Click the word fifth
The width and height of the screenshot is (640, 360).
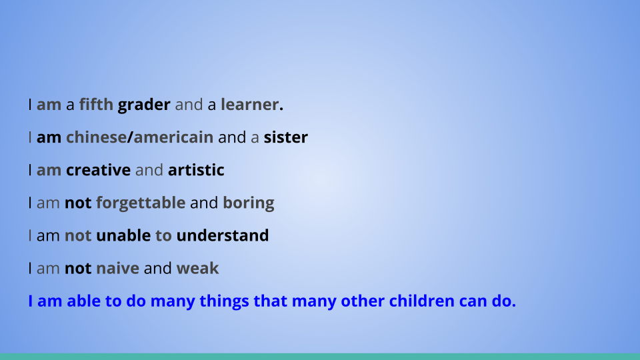pyautogui.click(x=96, y=105)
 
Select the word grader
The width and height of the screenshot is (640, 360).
pyautogui.click(x=144, y=105)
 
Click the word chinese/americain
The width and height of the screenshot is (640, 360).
pyautogui.click(x=139, y=137)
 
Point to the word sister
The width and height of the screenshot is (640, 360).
pyautogui.click(x=286, y=137)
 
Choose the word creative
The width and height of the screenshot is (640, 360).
pyautogui.click(x=99, y=170)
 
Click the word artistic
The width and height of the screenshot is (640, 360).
pyautogui.click(x=196, y=170)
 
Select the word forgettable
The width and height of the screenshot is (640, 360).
pyautogui.click(x=141, y=203)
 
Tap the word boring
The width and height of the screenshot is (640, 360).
pyautogui.click(x=249, y=203)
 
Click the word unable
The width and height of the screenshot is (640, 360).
pyautogui.click(x=123, y=235)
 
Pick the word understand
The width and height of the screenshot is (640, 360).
pyautogui.click(x=223, y=235)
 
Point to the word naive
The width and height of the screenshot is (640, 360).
pyautogui.click(x=117, y=268)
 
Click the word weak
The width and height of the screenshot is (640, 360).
pyautogui.click(x=197, y=268)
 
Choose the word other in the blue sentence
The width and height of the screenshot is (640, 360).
pyautogui.click(x=363, y=301)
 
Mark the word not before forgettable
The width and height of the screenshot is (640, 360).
pyautogui.click(x=78, y=203)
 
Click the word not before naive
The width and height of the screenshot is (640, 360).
pyautogui.click(x=78, y=269)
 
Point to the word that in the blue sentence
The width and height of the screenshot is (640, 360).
pyautogui.click(x=270, y=301)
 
